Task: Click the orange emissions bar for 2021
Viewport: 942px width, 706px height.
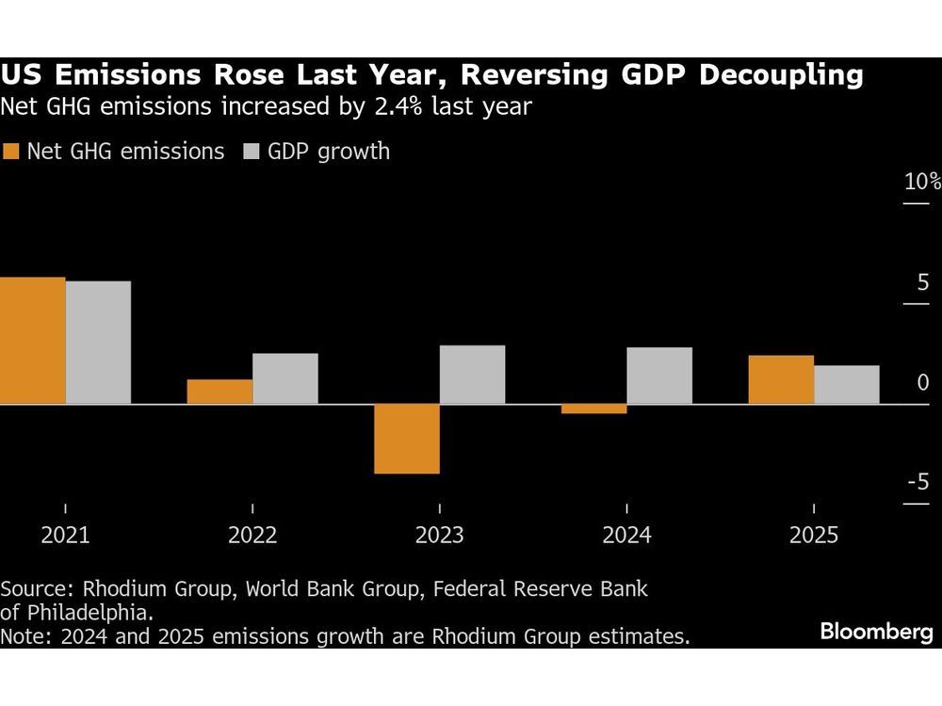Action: (33, 341)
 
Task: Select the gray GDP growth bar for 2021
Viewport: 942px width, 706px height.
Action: (98, 343)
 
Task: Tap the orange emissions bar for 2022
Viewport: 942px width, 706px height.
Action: (219, 392)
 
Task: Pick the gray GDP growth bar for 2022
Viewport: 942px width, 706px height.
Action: (285, 378)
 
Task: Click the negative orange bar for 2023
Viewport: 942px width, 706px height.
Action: (407, 439)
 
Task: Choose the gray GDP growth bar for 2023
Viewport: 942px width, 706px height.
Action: (472, 375)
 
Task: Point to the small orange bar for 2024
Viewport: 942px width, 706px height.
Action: (593, 409)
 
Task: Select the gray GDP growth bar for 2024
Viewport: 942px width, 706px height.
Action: (659, 376)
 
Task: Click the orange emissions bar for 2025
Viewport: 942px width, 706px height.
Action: (781, 379)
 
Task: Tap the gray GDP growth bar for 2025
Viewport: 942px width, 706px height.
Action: (847, 384)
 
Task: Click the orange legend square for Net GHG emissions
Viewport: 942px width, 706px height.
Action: (11, 152)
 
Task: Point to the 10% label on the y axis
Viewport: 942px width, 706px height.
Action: (921, 183)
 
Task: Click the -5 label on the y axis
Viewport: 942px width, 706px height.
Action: (918, 483)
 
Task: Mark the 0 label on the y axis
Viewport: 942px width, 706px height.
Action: (922, 383)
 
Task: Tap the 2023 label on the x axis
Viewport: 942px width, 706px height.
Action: (440, 536)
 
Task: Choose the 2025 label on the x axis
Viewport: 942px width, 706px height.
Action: (814, 536)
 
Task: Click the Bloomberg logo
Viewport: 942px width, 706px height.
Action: (875, 632)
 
